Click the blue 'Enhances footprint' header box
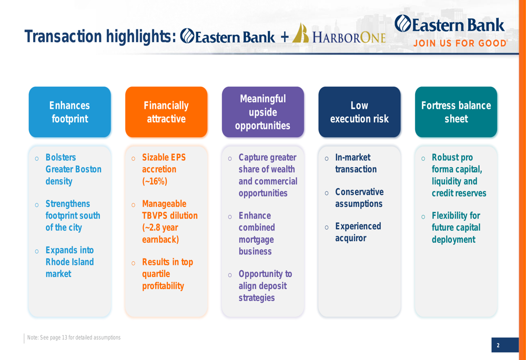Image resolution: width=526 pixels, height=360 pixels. pyautogui.click(x=70, y=112)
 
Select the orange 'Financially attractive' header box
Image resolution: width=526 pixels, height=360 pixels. pyautogui.click(x=166, y=112)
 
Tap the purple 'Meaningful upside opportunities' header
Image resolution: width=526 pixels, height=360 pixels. pyautogui.click(x=263, y=112)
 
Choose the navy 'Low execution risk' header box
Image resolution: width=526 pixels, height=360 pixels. pyautogui.click(x=359, y=112)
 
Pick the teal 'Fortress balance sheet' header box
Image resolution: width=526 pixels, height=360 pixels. pyautogui.click(x=456, y=112)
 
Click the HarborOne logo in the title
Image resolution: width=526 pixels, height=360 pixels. pyautogui.click(x=339, y=34)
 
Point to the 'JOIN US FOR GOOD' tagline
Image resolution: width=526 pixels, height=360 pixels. pyautogui.click(x=460, y=43)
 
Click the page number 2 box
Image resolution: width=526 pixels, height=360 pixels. pyautogui.click(x=505, y=345)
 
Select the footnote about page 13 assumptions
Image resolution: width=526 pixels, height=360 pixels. pyautogui.click(x=74, y=337)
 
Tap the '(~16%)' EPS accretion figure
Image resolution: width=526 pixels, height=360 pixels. pyautogui.click(x=155, y=181)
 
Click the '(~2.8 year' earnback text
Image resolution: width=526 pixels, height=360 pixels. pyautogui.click(x=160, y=228)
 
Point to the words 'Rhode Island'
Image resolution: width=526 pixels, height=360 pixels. pyautogui.click(x=70, y=262)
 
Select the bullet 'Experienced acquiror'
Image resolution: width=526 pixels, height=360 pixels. pyautogui.click(x=358, y=232)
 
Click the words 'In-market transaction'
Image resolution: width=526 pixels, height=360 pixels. pyautogui.click(x=356, y=163)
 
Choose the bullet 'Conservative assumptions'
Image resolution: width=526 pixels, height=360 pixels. pyautogui.click(x=359, y=198)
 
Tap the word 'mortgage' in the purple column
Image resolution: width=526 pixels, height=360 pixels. pyautogui.click(x=256, y=240)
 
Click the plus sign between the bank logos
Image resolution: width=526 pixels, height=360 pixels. pyautogui.click(x=285, y=37)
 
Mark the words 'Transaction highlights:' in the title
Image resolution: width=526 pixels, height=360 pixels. pyautogui.click(x=100, y=36)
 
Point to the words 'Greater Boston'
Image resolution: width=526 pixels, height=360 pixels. pyautogui.click(x=74, y=169)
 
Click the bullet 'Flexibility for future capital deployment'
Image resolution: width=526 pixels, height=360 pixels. pyautogui.click(x=456, y=227)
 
